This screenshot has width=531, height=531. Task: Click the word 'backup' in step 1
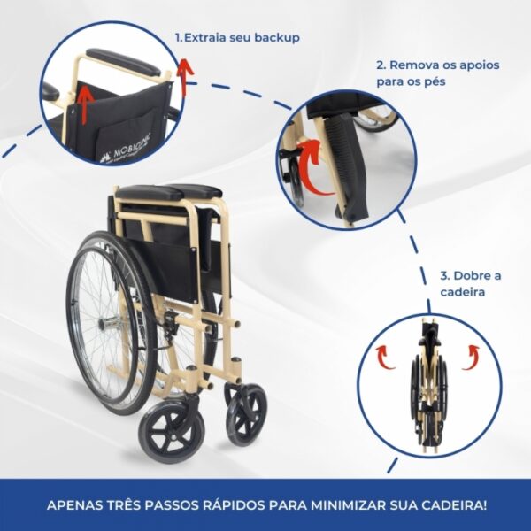275,38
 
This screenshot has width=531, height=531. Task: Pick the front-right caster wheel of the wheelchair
246,414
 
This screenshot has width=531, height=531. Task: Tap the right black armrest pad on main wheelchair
197,189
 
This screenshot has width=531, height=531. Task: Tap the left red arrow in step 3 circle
385,357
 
